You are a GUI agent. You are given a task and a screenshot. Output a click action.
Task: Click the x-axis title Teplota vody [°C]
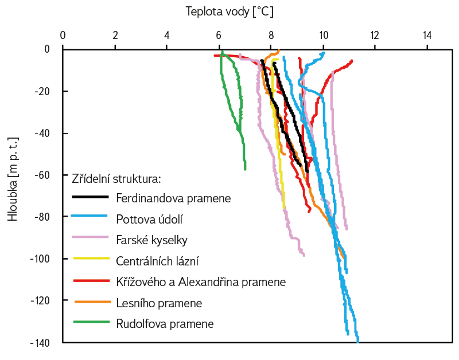tap(229, 11)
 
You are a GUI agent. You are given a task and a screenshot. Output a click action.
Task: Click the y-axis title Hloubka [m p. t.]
tap(12, 179)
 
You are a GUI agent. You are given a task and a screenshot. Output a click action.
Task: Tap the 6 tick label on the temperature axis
tap(219, 35)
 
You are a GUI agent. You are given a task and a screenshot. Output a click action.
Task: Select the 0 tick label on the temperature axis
tap(63, 35)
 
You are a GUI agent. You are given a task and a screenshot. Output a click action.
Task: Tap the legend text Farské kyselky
tap(151, 240)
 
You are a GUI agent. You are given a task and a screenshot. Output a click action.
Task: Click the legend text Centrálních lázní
tap(157, 261)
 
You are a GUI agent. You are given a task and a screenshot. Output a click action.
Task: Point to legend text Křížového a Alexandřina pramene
tap(200, 281)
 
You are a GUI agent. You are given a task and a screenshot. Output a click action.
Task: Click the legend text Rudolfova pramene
tap(165, 323)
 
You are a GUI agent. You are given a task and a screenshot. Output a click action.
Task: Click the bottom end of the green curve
tap(245, 169)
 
